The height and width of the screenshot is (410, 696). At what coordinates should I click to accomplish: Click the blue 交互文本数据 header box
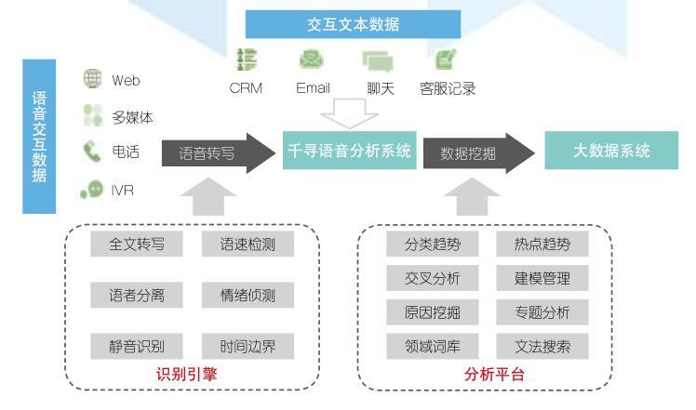click(353, 24)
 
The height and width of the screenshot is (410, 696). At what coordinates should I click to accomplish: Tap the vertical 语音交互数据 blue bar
click(39, 137)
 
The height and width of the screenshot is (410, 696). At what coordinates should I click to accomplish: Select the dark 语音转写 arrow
click(219, 153)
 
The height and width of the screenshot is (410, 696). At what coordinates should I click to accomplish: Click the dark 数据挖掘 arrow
click(479, 153)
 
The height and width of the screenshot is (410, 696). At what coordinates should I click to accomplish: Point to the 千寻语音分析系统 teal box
click(349, 151)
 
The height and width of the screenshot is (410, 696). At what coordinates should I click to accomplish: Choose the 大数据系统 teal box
click(611, 151)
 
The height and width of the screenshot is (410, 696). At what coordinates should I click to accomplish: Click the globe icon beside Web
click(93, 78)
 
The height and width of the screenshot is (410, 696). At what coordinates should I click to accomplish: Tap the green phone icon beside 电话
click(92, 152)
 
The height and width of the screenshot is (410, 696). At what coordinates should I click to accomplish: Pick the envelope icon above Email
click(312, 60)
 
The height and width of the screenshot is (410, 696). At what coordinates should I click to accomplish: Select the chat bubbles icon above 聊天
click(378, 61)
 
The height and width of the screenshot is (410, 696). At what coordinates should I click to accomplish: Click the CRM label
click(246, 88)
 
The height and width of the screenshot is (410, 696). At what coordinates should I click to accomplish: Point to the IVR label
click(122, 191)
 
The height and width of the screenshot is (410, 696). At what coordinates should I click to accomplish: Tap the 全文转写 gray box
click(137, 244)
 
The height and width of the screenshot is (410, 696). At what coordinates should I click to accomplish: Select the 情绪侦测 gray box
click(248, 295)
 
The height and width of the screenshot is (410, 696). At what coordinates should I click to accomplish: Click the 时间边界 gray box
click(248, 346)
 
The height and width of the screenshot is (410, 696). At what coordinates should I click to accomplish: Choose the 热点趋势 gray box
click(542, 244)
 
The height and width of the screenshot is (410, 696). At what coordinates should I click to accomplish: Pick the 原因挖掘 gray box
click(433, 312)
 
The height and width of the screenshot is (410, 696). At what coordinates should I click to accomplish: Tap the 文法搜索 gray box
click(542, 346)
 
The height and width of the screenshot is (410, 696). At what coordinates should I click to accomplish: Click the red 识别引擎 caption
click(186, 374)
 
